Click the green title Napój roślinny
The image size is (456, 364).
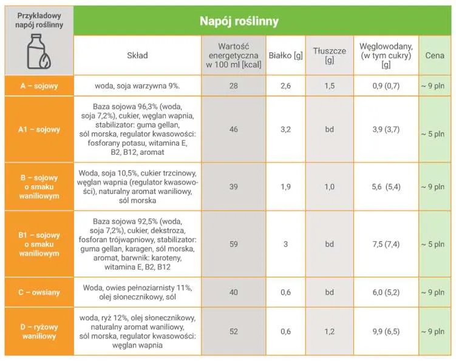coord(239,21)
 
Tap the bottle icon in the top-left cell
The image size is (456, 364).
coord(38,52)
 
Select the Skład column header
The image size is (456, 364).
coord(137,55)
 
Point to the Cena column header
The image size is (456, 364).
coord(435,55)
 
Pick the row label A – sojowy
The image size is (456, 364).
coord(39,86)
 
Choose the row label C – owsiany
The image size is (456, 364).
coord(39,292)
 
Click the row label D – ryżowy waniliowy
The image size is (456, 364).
coord(39,331)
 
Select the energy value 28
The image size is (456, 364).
coord(233,86)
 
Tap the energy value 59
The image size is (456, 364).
coord(233,244)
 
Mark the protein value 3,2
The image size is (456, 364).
coord(286,129)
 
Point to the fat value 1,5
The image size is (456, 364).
coord(329,86)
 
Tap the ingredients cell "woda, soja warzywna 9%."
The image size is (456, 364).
coord(137,86)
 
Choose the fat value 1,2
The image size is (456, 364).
coord(329,331)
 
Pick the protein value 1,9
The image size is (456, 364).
coord(286,187)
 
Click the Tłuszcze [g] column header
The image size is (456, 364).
coord(329,55)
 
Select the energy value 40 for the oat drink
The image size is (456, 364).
coord(233,292)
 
